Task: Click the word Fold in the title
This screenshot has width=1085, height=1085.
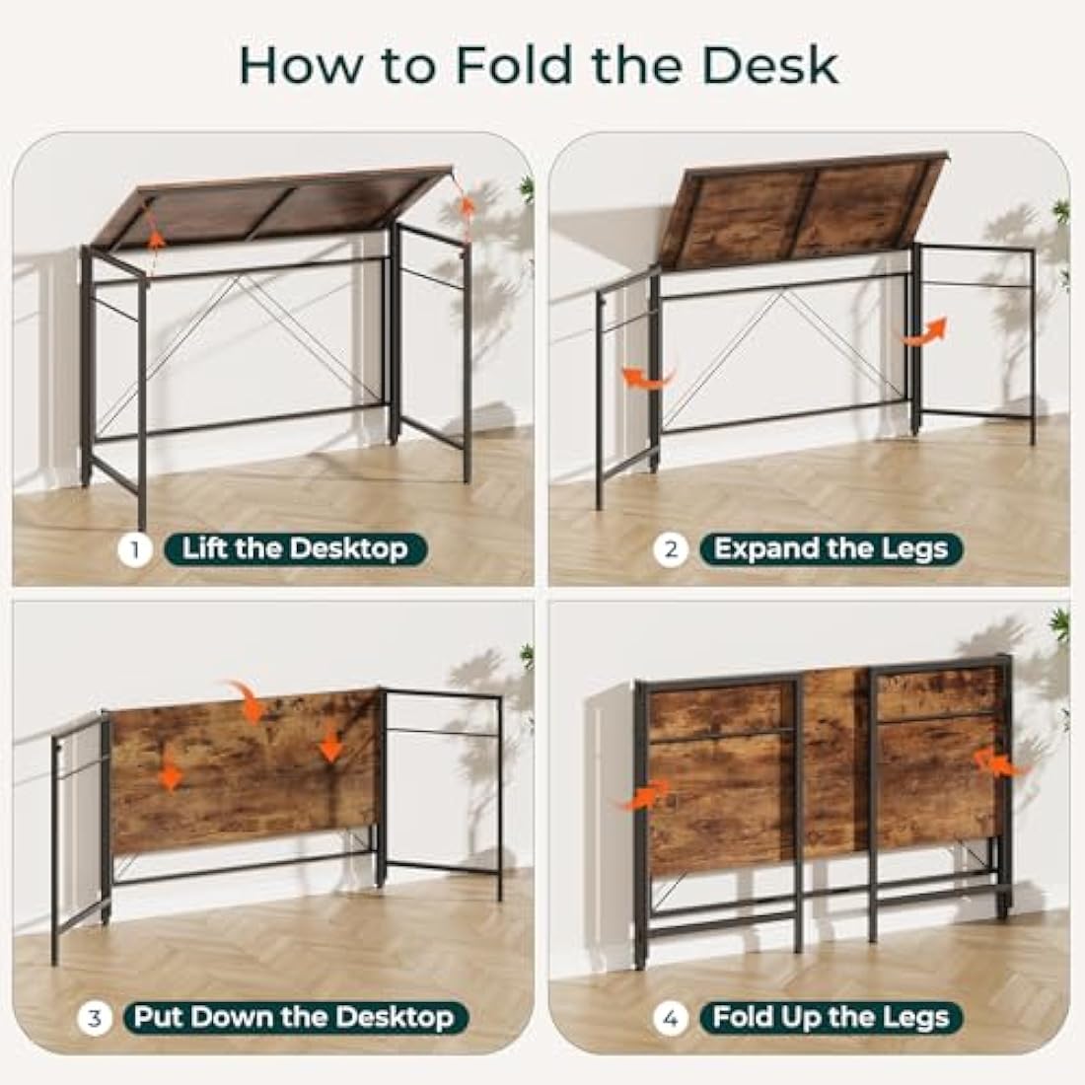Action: [x=513, y=64]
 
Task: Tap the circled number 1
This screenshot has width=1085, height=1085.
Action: [x=135, y=549]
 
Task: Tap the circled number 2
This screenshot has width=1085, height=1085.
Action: [x=671, y=549]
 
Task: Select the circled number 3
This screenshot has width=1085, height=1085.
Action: [x=95, y=1017]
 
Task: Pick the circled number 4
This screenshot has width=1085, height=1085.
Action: [x=671, y=1017]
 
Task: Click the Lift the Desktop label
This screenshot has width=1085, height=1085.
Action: [x=294, y=549]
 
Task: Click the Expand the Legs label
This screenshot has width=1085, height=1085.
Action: [x=831, y=549]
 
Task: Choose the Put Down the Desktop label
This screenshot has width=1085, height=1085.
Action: [x=294, y=1017]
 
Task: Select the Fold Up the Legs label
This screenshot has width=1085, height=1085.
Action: [x=831, y=1017]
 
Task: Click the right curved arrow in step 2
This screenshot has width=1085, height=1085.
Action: [x=925, y=332]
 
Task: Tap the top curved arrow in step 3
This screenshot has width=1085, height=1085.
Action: [x=246, y=698]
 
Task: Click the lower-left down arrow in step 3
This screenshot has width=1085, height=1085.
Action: [x=172, y=776]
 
